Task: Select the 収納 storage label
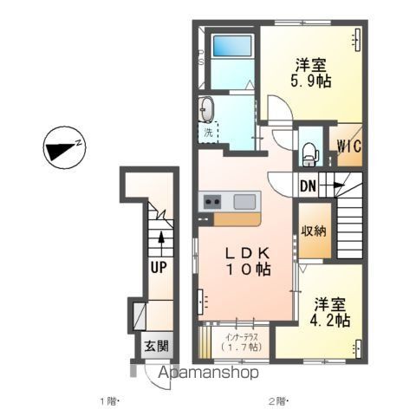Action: pos(313,231)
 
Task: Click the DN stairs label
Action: pos(309,185)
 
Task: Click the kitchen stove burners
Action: pos(211,202)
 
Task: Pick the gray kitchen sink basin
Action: pos(244,202)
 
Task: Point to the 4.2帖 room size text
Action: pos(330,320)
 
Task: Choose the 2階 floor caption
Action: pos(276,400)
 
